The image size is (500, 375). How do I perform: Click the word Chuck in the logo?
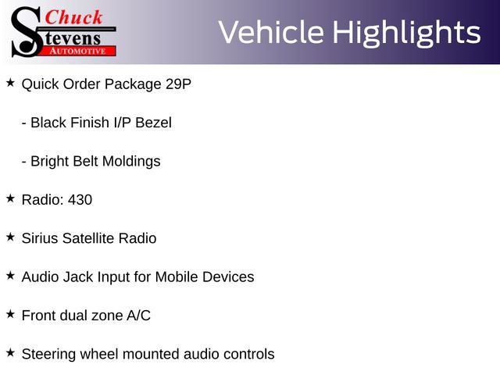(x=76, y=16)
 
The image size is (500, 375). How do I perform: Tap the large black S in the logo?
(x=26, y=31)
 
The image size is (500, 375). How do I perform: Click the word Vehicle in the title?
(x=270, y=33)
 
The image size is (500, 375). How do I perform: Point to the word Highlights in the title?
(x=405, y=33)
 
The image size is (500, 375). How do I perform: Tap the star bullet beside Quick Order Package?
(x=10, y=82)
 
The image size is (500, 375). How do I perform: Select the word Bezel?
(x=153, y=123)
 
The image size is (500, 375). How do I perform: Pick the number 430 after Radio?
(x=80, y=200)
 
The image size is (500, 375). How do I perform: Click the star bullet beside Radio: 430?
(x=10, y=198)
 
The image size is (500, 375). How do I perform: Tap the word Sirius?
(x=41, y=238)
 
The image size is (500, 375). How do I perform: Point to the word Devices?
(x=229, y=277)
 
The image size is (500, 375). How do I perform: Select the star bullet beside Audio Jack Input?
(x=10, y=275)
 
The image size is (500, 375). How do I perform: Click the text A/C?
(x=138, y=316)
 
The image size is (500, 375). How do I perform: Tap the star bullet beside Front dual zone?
(x=10, y=313)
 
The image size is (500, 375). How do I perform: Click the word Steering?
(x=49, y=355)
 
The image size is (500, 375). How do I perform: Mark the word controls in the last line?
(x=248, y=355)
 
